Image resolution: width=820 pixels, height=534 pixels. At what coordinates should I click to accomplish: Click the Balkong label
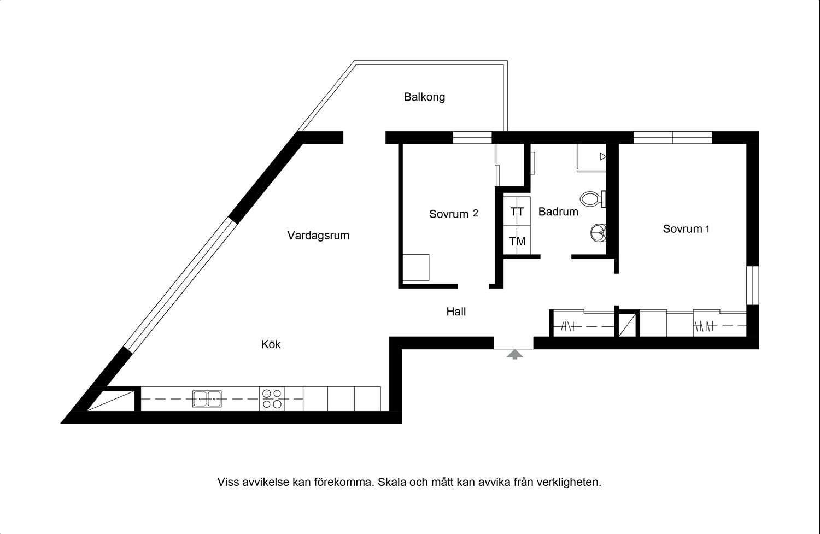point(424,97)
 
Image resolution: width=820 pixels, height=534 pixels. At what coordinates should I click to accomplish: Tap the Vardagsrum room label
point(318,236)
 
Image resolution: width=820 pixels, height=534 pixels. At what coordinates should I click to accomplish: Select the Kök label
point(271,344)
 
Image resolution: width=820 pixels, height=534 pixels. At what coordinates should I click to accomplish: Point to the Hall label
point(456,312)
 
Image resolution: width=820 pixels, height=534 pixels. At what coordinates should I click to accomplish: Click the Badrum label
point(558,212)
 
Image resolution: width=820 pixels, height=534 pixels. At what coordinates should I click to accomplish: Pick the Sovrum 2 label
point(454,214)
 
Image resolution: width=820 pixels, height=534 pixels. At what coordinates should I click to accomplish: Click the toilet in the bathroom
point(593,199)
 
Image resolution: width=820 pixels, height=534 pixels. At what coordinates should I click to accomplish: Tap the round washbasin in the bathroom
point(598,232)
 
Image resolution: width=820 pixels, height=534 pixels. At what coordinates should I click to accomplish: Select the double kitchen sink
point(207,399)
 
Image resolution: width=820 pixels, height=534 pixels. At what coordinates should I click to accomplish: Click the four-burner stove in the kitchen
point(272,398)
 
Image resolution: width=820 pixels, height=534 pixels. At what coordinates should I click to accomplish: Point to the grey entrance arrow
point(515,354)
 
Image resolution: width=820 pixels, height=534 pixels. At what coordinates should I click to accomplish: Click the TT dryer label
point(517,212)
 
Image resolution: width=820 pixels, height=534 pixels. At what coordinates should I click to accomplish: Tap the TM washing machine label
point(517,241)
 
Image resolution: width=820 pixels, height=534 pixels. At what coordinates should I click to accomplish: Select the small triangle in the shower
point(603,157)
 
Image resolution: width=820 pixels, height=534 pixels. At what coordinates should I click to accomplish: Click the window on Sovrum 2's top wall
point(472,137)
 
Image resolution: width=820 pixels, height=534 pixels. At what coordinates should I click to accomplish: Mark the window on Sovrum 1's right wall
point(753,285)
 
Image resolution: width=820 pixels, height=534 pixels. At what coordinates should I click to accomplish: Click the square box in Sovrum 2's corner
point(416,268)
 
